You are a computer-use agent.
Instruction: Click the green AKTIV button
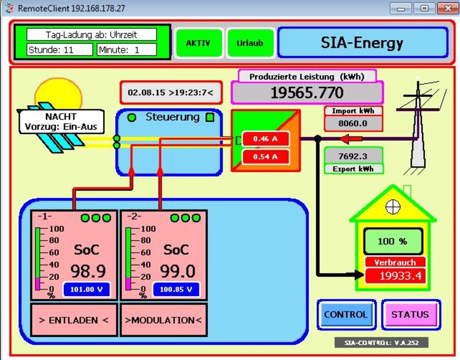[198, 43]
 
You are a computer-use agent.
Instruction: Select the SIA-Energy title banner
[362, 43]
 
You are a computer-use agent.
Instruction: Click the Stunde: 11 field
[59, 50]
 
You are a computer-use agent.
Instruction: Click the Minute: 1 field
[126, 50]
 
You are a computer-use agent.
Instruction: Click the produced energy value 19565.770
[306, 93]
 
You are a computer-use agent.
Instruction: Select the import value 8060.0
[353, 123]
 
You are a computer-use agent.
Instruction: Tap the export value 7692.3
[353, 156]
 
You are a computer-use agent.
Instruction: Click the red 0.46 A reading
[265, 139]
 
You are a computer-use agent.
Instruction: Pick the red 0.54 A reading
[265, 156]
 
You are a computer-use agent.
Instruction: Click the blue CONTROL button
[346, 315]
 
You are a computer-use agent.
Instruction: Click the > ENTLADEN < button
[74, 320]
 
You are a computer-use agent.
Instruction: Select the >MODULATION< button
[163, 320]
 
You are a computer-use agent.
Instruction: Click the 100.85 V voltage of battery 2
[176, 289]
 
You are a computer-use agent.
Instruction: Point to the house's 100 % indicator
[392, 242]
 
